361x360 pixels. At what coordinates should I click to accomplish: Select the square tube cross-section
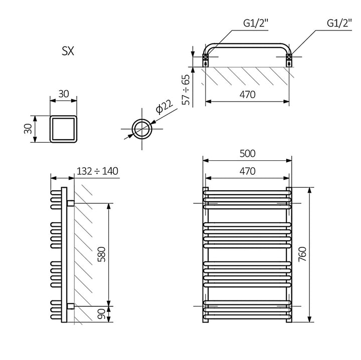[64, 129]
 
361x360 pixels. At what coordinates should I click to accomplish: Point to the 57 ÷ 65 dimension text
[186, 90]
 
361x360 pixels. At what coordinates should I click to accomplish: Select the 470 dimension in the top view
[247, 94]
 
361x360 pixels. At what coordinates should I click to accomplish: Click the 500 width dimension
[247, 153]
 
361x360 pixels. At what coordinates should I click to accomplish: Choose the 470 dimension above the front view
[247, 171]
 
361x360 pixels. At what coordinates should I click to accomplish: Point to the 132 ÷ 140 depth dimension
[97, 171]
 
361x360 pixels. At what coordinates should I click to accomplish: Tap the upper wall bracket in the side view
[71, 203]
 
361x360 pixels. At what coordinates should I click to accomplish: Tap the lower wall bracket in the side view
[71, 305]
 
